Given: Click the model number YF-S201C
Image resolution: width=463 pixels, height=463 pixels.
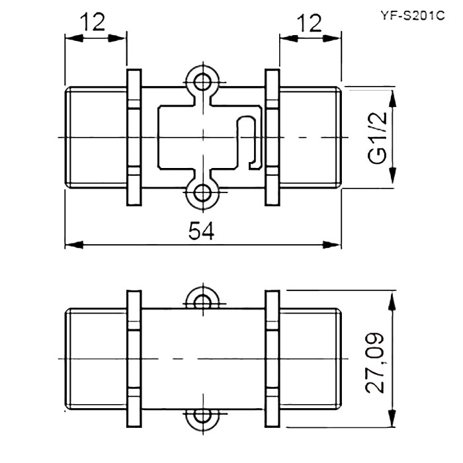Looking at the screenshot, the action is [x=412, y=15].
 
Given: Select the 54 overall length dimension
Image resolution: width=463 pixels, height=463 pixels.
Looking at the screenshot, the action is [x=201, y=232].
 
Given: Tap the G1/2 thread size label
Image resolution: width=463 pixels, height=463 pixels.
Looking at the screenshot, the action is [x=378, y=138].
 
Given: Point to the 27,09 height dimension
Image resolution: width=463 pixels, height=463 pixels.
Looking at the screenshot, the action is [x=375, y=364].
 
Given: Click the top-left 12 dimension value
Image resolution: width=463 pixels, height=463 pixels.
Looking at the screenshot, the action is [x=93, y=22].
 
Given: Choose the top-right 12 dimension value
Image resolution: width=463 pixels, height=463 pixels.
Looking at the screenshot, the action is [x=309, y=23].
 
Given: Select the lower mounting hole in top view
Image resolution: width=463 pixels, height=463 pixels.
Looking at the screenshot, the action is [x=203, y=192].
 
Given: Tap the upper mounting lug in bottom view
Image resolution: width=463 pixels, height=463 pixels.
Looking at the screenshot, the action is [x=203, y=299].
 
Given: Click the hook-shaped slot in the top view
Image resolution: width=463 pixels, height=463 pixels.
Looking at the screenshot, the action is [x=250, y=142].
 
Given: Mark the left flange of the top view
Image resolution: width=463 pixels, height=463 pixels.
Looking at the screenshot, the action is [x=134, y=138].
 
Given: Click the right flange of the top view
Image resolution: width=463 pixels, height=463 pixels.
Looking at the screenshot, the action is [x=272, y=138].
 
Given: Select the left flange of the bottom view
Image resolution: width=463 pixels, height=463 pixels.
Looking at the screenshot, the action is [x=134, y=358].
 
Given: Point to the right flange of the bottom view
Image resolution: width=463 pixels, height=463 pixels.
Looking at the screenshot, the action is [x=272, y=358].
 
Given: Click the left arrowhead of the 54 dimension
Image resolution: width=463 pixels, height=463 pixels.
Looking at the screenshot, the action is [x=74, y=245].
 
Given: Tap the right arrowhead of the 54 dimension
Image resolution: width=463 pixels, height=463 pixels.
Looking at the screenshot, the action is [x=332, y=245].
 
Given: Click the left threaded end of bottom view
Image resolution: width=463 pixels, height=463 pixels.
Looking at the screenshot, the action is [x=97, y=358].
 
